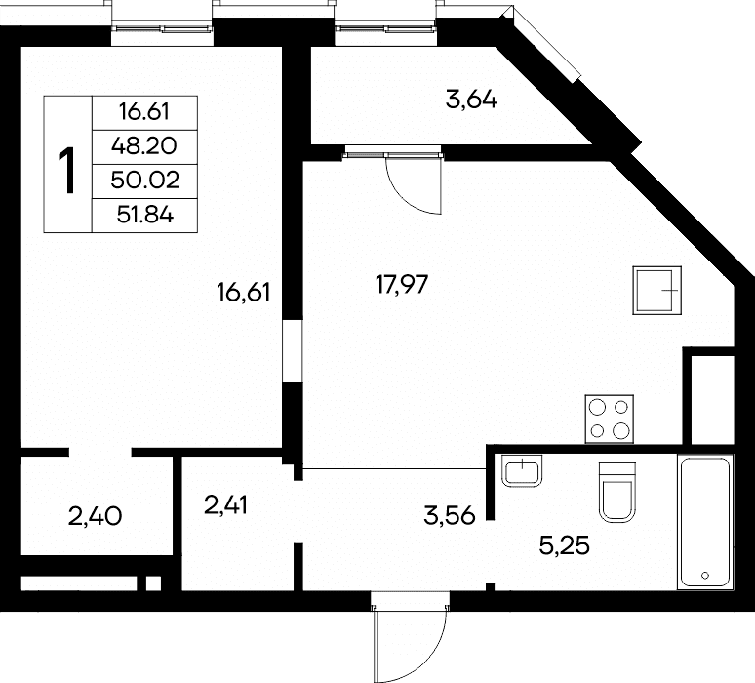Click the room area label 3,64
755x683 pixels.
[x=471, y=100]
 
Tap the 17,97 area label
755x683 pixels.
[x=402, y=284]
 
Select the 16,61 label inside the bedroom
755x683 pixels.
[x=243, y=293]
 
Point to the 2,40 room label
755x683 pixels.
[x=95, y=517]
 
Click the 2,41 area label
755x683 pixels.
[x=225, y=505]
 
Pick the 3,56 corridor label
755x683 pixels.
[x=450, y=516]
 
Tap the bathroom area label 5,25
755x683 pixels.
[x=565, y=546]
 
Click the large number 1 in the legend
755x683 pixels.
[x=68, y=171]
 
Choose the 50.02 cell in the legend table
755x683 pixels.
[x=144, y=181]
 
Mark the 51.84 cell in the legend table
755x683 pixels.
[x=145, y=215]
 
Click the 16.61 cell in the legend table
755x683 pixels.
[x=144, y=112]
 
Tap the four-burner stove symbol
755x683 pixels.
[x=609, y=419]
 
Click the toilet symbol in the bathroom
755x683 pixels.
[x=617, y=493]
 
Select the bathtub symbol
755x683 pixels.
[x=705, y=522]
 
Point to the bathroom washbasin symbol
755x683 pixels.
[x=522, y=470]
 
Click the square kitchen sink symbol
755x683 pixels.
[x=656, y=291]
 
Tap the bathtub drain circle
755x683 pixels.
[x=705, y=575]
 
